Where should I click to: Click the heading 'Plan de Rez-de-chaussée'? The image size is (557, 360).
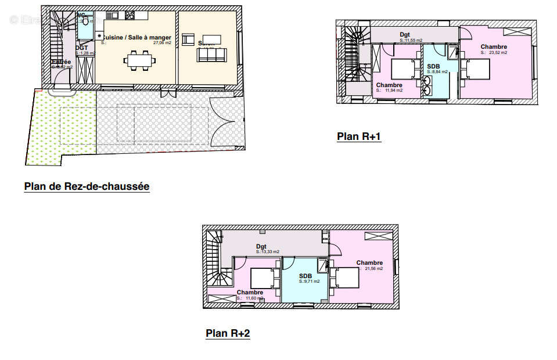coord(87,186)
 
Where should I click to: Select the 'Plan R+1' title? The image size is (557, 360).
coord(358,137)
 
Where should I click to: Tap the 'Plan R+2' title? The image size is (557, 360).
coord(228,333)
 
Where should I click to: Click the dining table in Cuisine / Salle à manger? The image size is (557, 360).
coord(139,60)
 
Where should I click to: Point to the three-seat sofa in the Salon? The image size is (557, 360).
coord(211,55)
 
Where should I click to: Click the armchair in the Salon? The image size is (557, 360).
coord(188,39)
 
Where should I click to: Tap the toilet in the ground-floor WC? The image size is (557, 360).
coord(87,21)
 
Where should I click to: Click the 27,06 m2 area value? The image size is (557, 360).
coord(161,43)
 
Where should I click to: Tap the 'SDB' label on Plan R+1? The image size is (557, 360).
coord(433,66)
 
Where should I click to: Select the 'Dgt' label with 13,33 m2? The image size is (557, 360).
coord(261,246)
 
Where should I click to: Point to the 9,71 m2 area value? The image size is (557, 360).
coord(309,282)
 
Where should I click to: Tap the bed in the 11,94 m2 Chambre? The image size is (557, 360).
coord(403,69)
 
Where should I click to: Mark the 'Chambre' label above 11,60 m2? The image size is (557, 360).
coord(250,292)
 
